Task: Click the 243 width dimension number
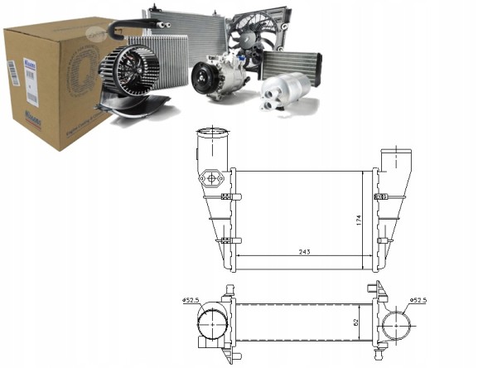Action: [303, 252]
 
